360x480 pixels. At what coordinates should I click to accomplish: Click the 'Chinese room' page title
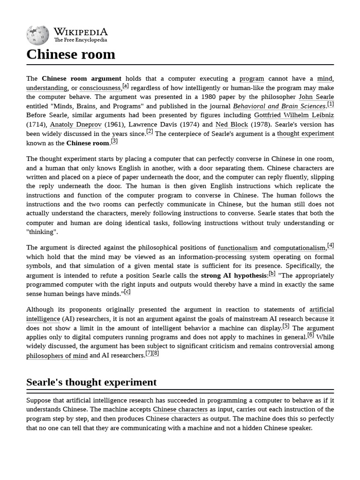pyautogui.click(x=71, y=54)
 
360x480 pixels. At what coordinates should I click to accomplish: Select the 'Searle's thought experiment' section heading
pyautogui.click(x=91, y=382)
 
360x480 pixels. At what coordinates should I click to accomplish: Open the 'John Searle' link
pyautogui.click(x=316, y=97)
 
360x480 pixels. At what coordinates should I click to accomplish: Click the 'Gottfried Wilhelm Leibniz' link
pyautogui.click(x=294, y=115)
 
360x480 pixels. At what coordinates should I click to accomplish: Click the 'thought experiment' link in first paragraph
pyautogui.click(x=305, y=134)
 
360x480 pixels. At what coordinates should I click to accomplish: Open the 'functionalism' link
pyautogui.click(x=238, y=248)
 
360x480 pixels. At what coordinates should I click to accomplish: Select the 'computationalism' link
pyautogui.click(x=300, y=248)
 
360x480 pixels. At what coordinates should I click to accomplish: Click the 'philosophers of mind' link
pyautogui.click(x=57, y=356)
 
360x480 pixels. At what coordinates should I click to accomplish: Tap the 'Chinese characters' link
pyautogui.click(x=180, y=409)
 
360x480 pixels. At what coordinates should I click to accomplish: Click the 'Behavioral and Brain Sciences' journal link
pyautogui.click(x=279, y=106)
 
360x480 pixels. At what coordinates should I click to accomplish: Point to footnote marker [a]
pyautogui.click(x=125, y=86)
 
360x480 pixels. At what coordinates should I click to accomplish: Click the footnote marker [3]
pyautogui.click(x=114, y=141)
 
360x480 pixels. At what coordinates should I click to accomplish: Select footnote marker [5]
pyautogui.click(x=285, y=326)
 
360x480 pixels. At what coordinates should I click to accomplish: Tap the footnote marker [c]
pyautogui.click(x=127, y=292)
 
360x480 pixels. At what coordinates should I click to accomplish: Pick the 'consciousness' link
pyautogui.click(x=100, y=88)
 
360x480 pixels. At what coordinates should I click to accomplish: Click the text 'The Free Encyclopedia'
pyautogui.click(x=80, y=40)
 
